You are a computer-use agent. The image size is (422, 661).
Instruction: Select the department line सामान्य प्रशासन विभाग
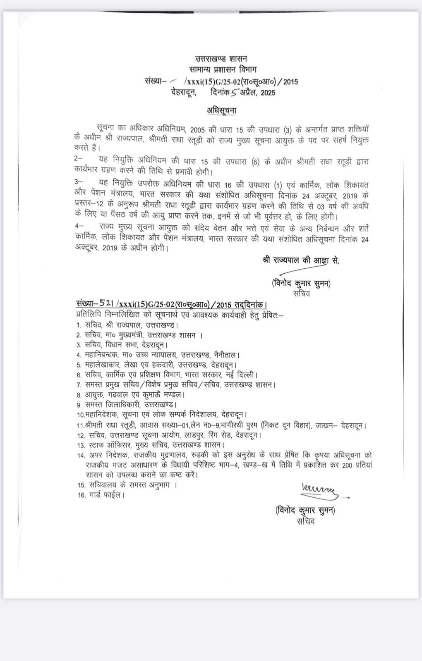pyautogui.click(x=221, y=70)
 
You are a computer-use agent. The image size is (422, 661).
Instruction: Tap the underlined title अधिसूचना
pyautogui.click(x=221, y=110)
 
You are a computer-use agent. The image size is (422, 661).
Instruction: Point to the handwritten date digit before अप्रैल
pyautogui.click(x=235, y=93)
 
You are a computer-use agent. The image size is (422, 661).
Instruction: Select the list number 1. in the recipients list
pyautogui.click(x=79, y=325)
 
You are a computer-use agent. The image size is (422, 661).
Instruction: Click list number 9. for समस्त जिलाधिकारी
pyautogui.click(x=79, y=405)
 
